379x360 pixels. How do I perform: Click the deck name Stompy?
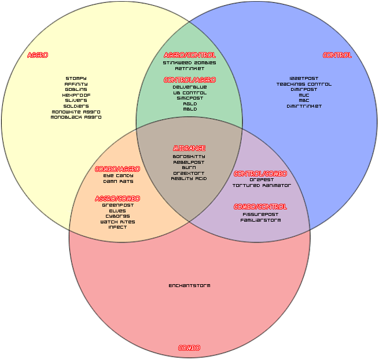[76, 79]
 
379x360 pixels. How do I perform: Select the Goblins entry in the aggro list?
[76, 90]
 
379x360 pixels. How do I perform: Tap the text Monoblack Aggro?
[76, 117]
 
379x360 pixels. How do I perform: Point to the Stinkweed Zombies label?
[189, 63]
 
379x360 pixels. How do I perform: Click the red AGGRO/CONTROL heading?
[189, 55]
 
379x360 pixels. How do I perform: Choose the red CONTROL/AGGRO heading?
[189, 80]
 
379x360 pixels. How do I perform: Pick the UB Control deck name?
[189, 93]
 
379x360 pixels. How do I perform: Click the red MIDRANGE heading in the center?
[189, 149]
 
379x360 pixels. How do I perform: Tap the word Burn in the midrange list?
[189, 167]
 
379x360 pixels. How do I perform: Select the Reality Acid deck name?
[189, 178]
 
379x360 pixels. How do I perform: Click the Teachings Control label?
[304, 85]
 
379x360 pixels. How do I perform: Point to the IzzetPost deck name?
[304, 79]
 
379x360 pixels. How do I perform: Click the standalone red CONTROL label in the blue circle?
[337, 56]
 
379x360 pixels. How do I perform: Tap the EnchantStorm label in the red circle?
[189, 285]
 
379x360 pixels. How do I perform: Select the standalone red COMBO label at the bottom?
[189, 348]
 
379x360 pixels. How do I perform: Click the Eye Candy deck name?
[118, 175]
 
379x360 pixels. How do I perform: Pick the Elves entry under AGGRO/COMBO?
[117, 211]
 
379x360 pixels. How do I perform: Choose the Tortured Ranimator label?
[261, 186]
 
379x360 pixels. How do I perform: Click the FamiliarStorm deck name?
[260, 220]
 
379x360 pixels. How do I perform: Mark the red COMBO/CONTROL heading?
[260, 207]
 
